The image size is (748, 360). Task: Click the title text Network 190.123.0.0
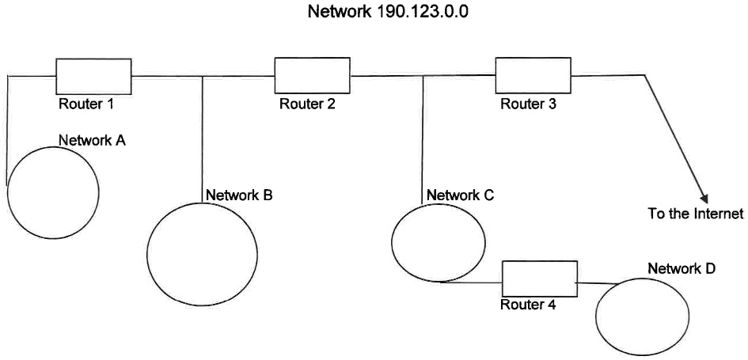click(x=374, y=14)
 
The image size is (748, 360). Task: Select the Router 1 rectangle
click(x=93, y=76)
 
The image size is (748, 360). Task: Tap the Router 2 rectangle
click(x=312, y=76)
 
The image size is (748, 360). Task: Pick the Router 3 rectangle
click(x=533, y=76)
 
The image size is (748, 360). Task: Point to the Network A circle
click(x=53, y=192)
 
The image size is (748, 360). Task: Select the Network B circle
click(x=202, y=253)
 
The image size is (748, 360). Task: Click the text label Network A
click(x=92, y=140)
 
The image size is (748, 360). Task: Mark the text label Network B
click(x=239, y=195)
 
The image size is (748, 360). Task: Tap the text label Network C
click(x=460, y=195)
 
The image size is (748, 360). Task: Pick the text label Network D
click(x=682, y=268)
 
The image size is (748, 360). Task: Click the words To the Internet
click(x=696, y=214)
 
